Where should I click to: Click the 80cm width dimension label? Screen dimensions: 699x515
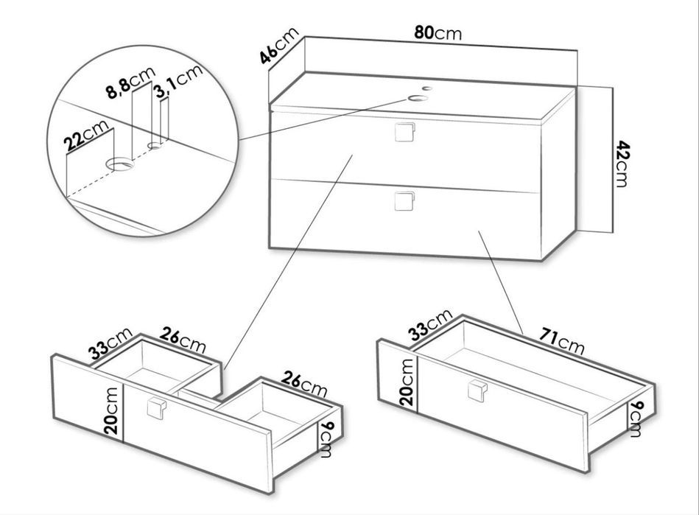pos(438,33)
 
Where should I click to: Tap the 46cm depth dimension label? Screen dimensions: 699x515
pos(279,46)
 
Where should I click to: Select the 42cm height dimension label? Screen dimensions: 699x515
pos(622,164)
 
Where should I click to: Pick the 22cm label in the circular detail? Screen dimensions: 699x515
pos(85,135)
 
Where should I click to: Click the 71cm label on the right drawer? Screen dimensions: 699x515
pos(562,340)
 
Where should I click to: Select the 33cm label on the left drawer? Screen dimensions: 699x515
pos(110,343)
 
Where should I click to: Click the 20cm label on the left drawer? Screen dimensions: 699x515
pos(111,410)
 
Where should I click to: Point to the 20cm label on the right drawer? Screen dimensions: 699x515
pos(407,382)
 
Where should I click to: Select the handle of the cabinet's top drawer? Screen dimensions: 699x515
pos(405,131)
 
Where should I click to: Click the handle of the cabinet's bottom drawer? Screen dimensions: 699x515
pos(405,200)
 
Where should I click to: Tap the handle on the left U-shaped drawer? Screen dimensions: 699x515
pos(156,408)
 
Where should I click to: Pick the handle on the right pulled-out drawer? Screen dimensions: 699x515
pos(478,390)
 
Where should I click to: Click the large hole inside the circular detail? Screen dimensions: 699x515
pos(120,164)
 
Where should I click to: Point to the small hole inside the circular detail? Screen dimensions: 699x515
pos(155,145)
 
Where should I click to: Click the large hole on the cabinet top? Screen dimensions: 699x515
pos(418,98)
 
